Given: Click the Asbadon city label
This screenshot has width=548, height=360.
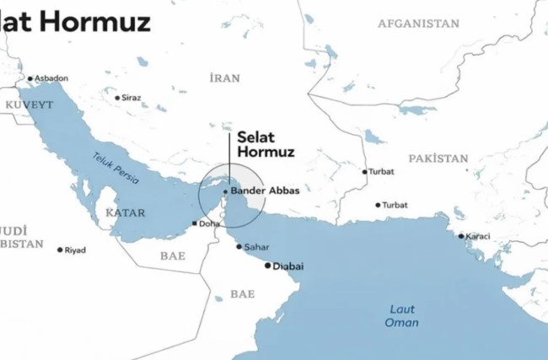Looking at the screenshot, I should (x=51, y=78).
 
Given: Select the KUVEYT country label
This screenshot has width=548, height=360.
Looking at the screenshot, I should (x=30, y=104).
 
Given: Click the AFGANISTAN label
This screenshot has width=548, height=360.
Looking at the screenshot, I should (x=418, y=24).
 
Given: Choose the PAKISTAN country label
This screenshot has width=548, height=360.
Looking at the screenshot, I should (x=438, y=158).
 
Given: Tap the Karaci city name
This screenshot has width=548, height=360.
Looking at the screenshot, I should (x=478, y=235).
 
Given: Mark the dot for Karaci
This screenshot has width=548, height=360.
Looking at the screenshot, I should (x=461, y=235).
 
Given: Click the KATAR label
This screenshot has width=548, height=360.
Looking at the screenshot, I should (x=125, y=212).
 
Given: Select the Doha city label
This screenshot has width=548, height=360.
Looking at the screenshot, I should (x=208, y=223).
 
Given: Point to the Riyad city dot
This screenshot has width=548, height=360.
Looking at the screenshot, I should (x=60, y=250).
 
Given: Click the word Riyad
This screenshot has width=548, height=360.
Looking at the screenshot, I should (x=76, y=250).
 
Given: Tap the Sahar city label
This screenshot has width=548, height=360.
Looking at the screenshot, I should (x=256, y=247).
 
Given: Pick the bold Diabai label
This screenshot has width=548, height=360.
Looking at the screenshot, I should (x=289, y=266).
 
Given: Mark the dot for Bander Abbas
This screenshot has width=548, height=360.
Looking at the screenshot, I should (x=225, y=191).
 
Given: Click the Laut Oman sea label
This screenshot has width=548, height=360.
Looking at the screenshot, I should (x=401, y=315).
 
